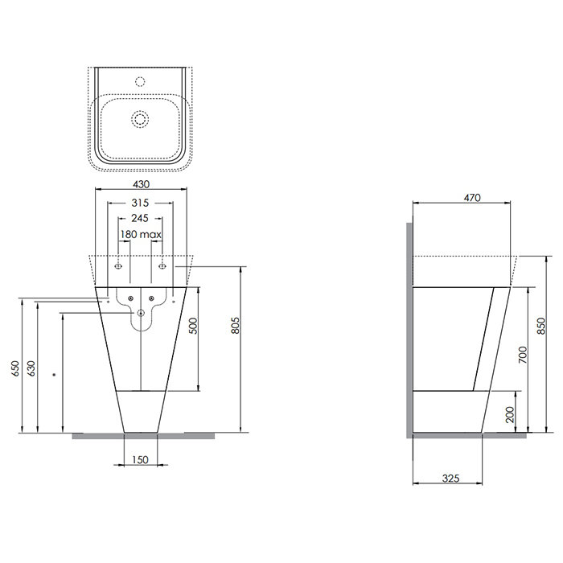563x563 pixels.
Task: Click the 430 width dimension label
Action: click(x=141, y=184)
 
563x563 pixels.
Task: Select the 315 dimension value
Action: click(x=140, y=203)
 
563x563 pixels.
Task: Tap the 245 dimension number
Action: click(x=140, y=218)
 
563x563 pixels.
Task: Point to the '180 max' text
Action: click(x=141, y=235)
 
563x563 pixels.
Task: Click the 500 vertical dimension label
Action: click(x=193, y=326)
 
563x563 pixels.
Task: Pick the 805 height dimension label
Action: click(x=235, y=325)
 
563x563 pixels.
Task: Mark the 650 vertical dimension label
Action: click(x=16, y=368)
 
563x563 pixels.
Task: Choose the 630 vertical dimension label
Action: click(x=31, y=368)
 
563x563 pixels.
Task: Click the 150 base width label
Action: click(x=140, y=459)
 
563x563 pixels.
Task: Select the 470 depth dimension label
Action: click(x=472, y=198)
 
